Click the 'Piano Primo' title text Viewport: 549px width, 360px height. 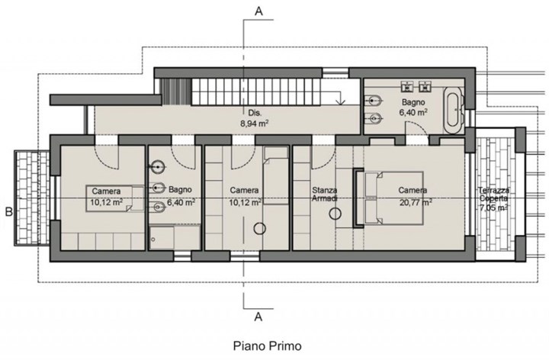pyautogui.click(x=267, y=346)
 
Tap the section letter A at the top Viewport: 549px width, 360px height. pyautogui.click(x=258, y=11)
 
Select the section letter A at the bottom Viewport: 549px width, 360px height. pyautogui.click(x=258, y=317)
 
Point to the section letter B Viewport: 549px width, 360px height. pyautogui.click(x=8, y=212)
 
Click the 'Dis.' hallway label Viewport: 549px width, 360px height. pyautogui.click(x=255, y=113)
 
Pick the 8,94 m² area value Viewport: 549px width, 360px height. pyautogui.click(x=254, y=124)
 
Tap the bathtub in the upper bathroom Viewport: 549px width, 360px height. pyautogui.click(x=454, y=109)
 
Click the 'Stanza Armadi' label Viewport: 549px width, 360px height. pyautogui.click(x=325, y=194)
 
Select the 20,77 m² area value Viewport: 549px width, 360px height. pyautogui.click(x=416, y=202)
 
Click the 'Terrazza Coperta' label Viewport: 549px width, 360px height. pyautogui.click(x=494, y=194)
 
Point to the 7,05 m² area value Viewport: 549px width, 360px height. pyautogui.click(x=494, y=207)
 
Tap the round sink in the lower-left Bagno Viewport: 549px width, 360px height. pyautogui.click(x=158, y=167)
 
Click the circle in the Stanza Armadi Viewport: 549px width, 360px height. pyautogui.click(x=335, y=214)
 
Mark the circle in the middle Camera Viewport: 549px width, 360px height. pyautogui.click(x=260, y=229)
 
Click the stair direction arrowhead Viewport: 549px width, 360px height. pyautogui.click(x=340, y=102)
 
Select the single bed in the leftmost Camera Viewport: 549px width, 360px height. pyautogui.click(x=115, y=198)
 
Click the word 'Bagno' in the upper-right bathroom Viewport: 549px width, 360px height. pyautogui.click(x=413, y=103)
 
